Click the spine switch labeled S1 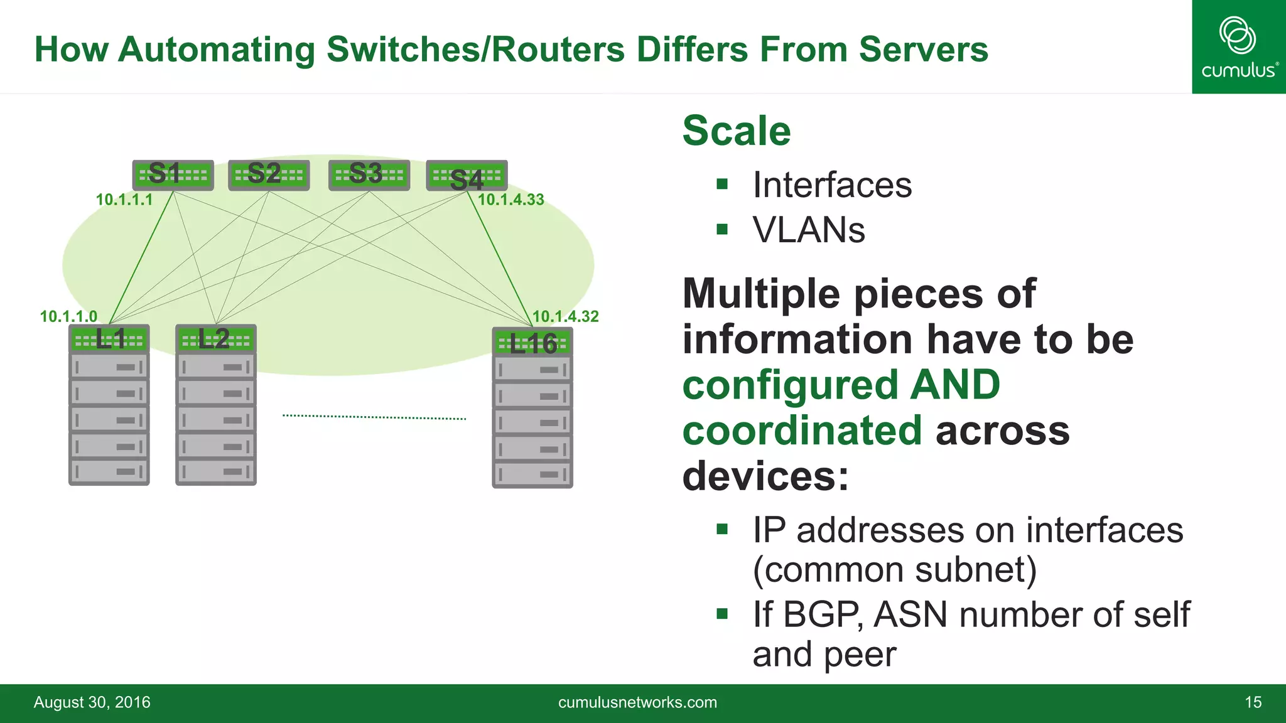(x=173, y=175)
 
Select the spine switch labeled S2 (x=269, y=175)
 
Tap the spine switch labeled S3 (x=369, y=175)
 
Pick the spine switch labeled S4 (x=467, y=176)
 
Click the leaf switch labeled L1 (x=109, y=340)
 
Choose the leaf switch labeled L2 (x=216, y=340)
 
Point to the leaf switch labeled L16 (x=532, y=343)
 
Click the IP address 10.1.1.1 (x=124, y=200)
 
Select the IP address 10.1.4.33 (x=511, y=200)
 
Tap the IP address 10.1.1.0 (x=68, y=316)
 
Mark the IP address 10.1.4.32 (x=565, y=316)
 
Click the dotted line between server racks (x=374, y=417)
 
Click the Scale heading (x=736, y=131)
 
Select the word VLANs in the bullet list (x=809, y=230)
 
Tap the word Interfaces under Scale (x=832, y=185)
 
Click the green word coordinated (x=802, y=431)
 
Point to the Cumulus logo (x=1238, y=47)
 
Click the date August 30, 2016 (x=92, y=702)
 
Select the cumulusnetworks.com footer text (x=637, y=702)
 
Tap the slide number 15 (x=1253, y=702)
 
